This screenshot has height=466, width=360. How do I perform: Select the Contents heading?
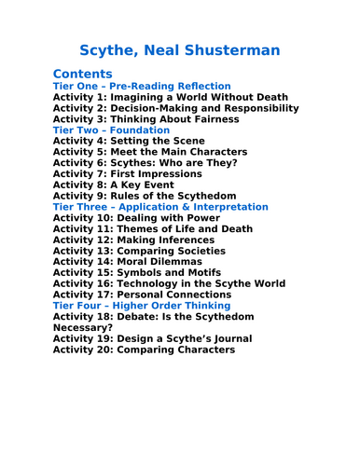point(83,73)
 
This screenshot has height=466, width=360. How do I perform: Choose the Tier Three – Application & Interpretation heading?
point(160,206)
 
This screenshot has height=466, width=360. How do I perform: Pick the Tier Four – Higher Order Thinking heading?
point(142,305)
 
